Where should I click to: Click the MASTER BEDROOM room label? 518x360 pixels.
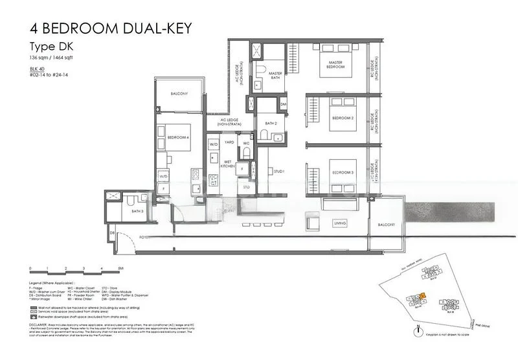click(335, 65)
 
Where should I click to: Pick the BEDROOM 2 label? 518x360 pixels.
click(343, 118)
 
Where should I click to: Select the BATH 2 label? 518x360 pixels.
click(271, 123)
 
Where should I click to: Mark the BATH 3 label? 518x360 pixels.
click(137, 211)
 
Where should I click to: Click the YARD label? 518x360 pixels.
click(229, 141)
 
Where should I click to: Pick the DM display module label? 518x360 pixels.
click(283, 104)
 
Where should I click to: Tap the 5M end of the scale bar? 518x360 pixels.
click(120, 268)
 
